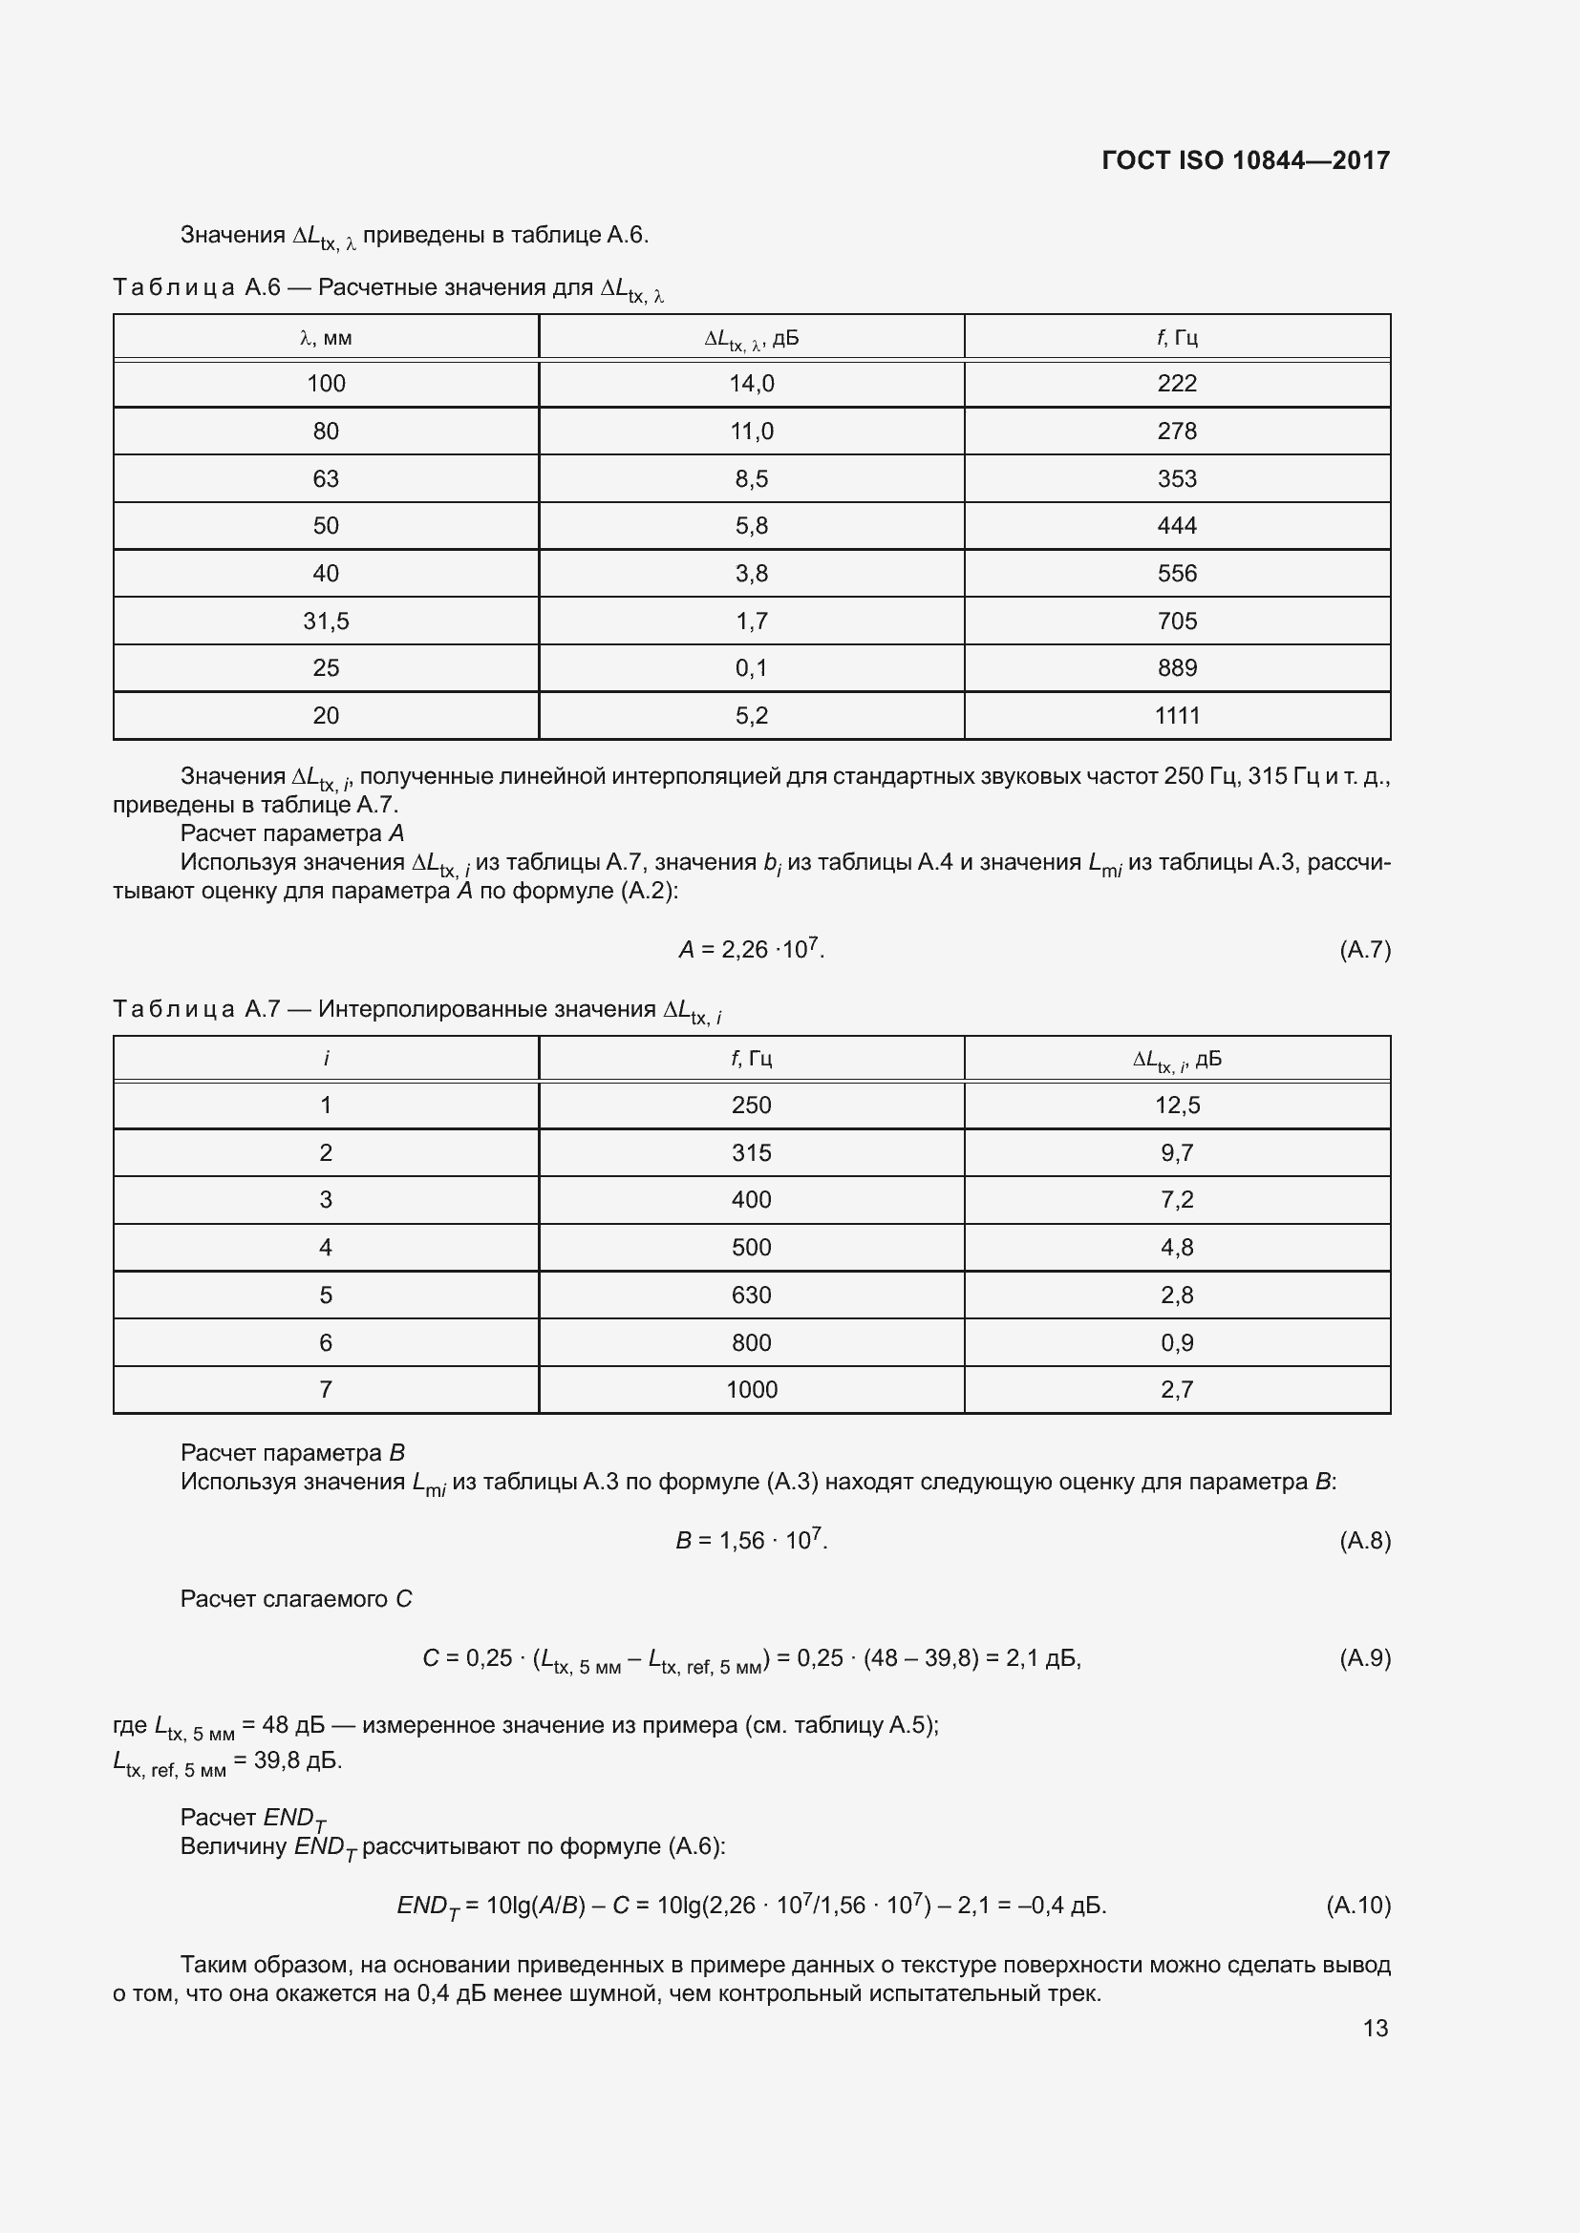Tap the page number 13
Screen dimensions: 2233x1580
click(1375, 2027)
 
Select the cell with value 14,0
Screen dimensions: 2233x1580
click(751, 384)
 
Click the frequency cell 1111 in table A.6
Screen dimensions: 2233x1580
click(1176, 716)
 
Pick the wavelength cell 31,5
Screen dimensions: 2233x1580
click(326, 621)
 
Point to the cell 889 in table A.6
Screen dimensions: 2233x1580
click(1176, 668)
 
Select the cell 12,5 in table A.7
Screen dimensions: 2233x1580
click(1176, 1105)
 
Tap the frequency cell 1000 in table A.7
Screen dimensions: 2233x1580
click(751, 1390)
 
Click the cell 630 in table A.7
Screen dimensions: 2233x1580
click(751, 1295)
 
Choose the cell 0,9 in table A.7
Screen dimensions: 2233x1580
click(1176, 1342)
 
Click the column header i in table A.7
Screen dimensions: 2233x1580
click(326, 1058)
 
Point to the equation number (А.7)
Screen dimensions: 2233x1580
click(1364, 949)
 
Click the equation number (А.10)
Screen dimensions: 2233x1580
click(1358, 1905)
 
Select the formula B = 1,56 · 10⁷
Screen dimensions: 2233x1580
click(751, 1541)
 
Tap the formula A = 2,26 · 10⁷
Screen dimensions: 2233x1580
click(751, 949)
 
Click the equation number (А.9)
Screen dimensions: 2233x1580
click(1364, 1657)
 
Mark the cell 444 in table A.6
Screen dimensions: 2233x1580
click(1176, 526)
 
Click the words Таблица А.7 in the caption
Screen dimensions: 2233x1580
click(197, 1009)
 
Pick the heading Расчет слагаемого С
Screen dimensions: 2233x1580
click(296, 1599)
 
